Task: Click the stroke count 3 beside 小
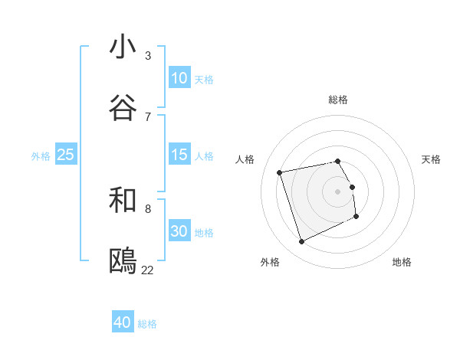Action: [x=148, y=55]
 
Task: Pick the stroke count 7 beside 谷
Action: [x=148, y=116]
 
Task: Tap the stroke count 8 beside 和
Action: [x=148, y=208]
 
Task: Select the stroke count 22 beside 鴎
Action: [x=148, y=270]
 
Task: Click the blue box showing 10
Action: [x=179, y=78]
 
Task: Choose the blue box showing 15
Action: [x=179, y=155]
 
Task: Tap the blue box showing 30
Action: [x=179, y=231]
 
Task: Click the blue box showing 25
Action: [x=66, y=155]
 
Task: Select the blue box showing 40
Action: [x=123, y=322]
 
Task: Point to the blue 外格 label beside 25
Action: [x=41, y=156]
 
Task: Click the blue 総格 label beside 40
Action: [x=147, y=324]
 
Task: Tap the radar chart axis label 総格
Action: [x=338, y=100]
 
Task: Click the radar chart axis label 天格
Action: [x=431, y=159]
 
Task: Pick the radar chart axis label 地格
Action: [x=402, y=262]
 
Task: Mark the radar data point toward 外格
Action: [x=301, y=242]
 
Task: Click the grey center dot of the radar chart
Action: [x=338, y=191]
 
